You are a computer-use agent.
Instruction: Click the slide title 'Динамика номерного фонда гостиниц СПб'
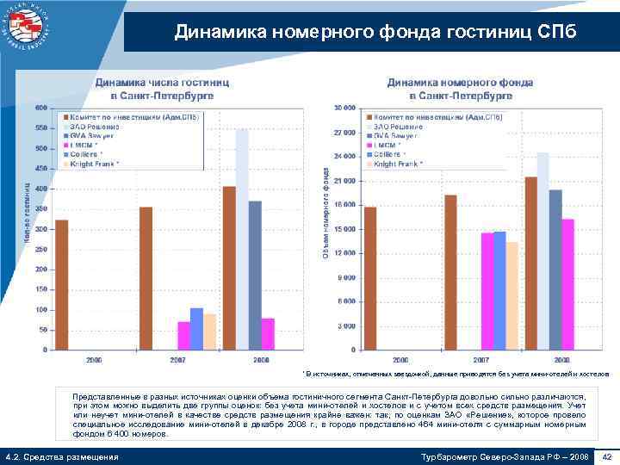370,33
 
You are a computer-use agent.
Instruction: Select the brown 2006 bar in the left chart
62,284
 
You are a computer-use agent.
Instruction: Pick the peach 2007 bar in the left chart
209,332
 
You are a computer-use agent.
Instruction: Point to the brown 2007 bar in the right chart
451,272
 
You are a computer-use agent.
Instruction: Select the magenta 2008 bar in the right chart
567,284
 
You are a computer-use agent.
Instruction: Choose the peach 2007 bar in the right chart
512,295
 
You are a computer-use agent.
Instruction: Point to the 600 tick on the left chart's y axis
41,108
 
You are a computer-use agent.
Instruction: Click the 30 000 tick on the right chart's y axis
344,108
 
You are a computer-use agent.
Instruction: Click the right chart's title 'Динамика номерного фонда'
460,83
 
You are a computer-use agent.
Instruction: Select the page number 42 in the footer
606,456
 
